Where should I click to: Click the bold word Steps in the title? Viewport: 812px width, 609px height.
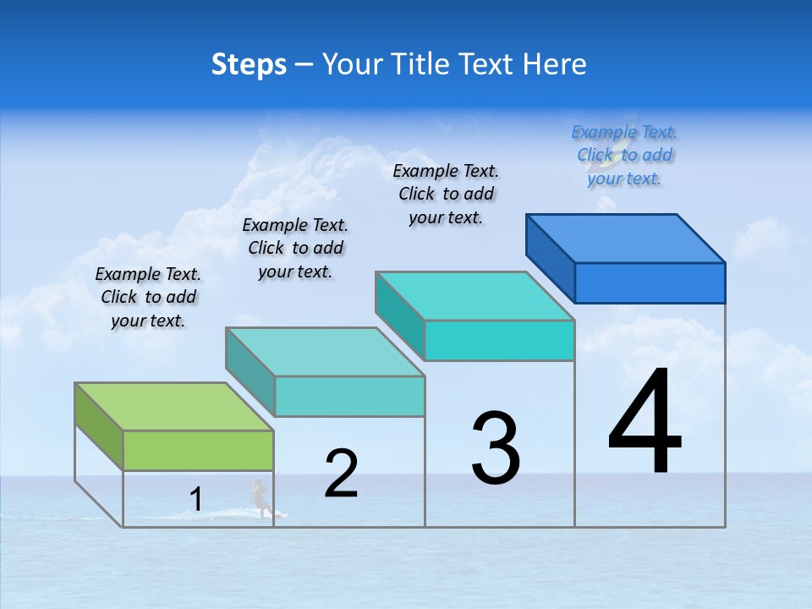point(249,64)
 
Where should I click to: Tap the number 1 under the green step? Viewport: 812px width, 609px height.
point(196,499)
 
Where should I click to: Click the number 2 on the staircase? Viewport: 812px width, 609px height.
point(342,474)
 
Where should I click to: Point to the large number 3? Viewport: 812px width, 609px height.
point(496,448)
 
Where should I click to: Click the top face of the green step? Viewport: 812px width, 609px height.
point(174,406)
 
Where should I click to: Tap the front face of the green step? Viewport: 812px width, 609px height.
point(198,450)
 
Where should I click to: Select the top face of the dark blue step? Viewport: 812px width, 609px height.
point(626,238)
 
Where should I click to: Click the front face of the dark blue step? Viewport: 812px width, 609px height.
point(650,283)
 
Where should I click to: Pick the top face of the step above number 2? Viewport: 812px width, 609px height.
point(325,351)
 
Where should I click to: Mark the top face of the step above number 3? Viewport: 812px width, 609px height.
point(475,295)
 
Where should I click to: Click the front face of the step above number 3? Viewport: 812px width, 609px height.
point(499,340)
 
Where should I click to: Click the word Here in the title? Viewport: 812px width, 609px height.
point(557,64)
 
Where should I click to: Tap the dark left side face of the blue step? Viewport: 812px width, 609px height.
point(550,258)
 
